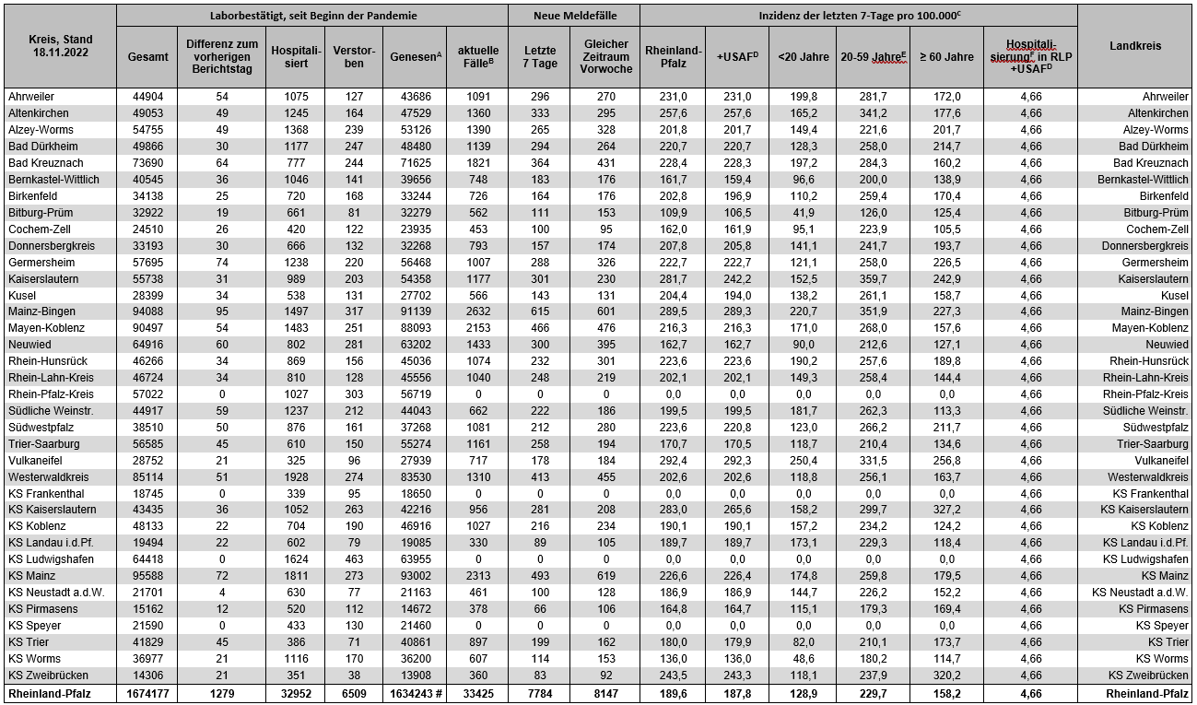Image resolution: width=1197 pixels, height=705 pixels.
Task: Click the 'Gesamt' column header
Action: (x=147, y=56)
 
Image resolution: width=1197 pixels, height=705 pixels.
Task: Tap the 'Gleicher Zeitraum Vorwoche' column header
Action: (x=605, y=56)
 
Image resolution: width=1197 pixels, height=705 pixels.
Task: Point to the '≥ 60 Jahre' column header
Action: (x=946, y=56)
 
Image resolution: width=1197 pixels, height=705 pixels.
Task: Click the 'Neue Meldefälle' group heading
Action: (x=575, y=16)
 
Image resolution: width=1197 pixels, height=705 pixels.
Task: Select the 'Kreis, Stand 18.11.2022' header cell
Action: (x=60, y=46)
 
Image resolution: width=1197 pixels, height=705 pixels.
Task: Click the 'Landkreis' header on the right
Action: (x=1135, y=46)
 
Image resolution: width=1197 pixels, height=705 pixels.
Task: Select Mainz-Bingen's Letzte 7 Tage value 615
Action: (x=540, y=311)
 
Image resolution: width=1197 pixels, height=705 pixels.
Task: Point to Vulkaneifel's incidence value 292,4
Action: (x=673, y=461)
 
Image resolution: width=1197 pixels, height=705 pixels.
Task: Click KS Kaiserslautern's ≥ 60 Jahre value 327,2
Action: (x=945, y=510)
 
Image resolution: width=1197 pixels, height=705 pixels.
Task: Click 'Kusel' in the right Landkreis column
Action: (x=1173, y=295)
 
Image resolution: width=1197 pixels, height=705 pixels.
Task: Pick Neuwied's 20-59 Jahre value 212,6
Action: (x=872, y=345)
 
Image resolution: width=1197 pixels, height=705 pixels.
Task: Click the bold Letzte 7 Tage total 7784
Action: (x=540, y=693)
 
